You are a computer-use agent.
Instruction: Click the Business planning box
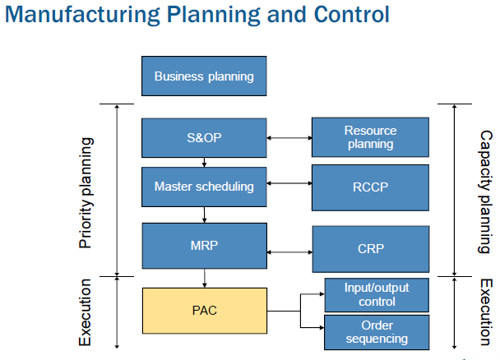click(x=204, y=76)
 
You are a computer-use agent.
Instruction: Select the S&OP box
click(x=204, y=137)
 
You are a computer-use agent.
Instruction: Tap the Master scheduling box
click(x=204, y=187)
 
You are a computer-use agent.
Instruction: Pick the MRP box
click(x=204, y=243)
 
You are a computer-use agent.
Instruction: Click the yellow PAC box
click(x=204, y=312)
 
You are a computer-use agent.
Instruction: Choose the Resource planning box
click(x=370, y=137)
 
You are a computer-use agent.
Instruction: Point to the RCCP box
click(x=370, y=187)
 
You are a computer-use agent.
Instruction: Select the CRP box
click(x=370, y=248)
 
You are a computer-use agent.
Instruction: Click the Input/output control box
click(x=377, y=294)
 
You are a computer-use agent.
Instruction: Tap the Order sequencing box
click(x=377, y=332)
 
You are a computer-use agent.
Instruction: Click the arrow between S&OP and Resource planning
click(x=289, y=137)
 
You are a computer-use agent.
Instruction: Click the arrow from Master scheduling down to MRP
click(x=204, y=215)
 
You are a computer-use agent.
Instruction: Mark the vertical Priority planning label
click(x=85, y=192)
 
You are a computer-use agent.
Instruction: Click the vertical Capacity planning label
click(x=485, y=192)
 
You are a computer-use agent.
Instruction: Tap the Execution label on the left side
click(x=85, y=312)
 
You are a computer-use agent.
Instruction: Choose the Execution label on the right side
click(x=485, y=312)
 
